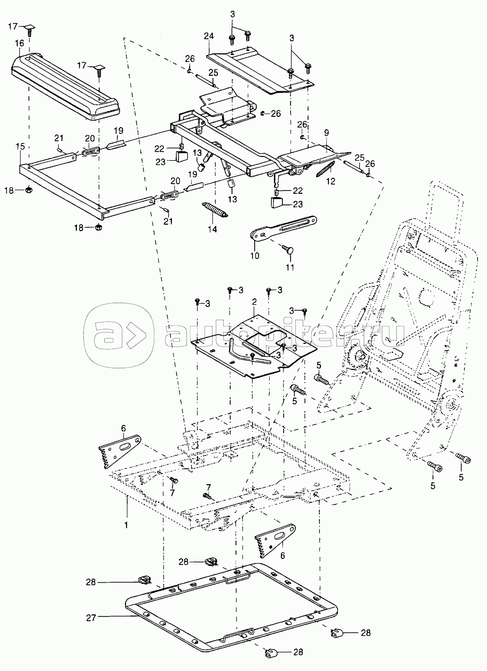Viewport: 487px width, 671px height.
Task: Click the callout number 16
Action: click(x=19, y=43)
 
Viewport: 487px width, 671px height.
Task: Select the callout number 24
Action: click(x=209, y=36)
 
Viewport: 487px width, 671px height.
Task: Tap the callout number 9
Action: click(x=327, y=132)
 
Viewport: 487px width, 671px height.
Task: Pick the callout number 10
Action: click(x=255, y=256)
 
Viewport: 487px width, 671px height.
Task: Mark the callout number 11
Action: click(x=290, y=267)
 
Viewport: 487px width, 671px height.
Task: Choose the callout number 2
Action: click(x=254, y=302)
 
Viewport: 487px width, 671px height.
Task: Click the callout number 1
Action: click(x=126, y=525)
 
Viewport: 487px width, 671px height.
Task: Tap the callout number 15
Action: click(x=20, y=146)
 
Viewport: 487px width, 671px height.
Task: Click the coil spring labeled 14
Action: click(x=215, y=209)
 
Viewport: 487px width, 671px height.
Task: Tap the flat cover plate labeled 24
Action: click(x=260, y=72)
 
